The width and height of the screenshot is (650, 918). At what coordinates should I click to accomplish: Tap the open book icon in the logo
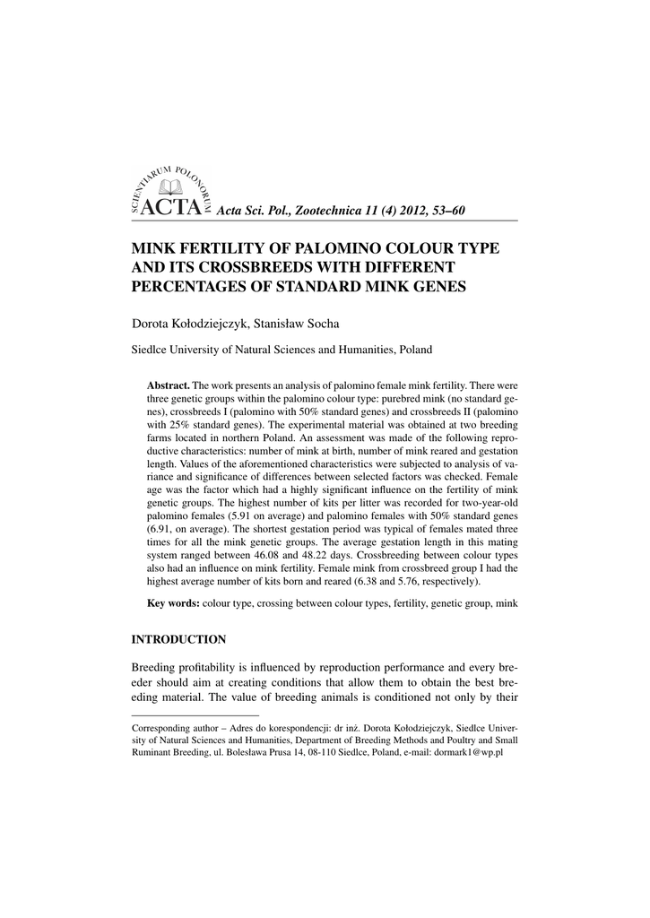coord(169,186)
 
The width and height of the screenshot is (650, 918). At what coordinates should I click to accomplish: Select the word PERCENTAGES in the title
coord(186,287)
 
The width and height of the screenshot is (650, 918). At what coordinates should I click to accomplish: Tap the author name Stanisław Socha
coord(290,323)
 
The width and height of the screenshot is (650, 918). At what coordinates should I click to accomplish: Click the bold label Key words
coord(173,603)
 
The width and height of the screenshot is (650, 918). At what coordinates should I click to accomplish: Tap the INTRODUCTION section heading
coord(178,639)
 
